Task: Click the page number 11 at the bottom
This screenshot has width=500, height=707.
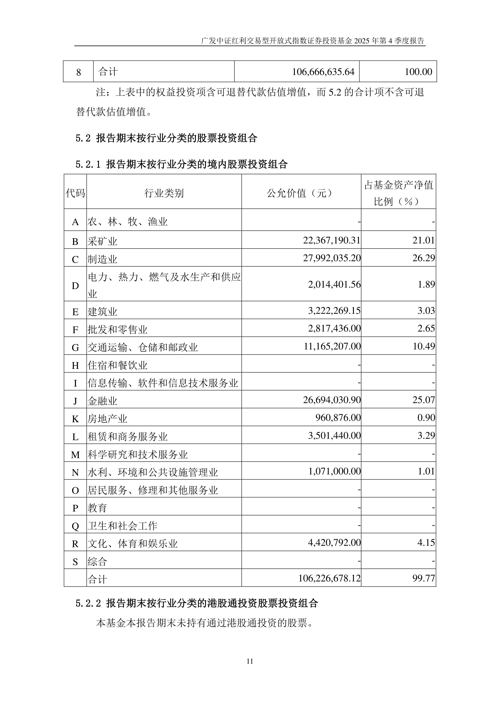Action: pyautogui.click(x=250, y=661)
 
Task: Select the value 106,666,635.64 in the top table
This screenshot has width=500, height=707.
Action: pyautogui.click(x=323, y=72)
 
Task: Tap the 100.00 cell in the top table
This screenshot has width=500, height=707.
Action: pyautogui.click(x=418, y=72)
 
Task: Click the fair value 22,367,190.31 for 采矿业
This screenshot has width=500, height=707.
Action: pyautogui.click(x=332, y=240)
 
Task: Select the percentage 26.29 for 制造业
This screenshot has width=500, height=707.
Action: pyautogui.click(x=424, y=258)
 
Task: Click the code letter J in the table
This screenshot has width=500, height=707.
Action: pyautogui.click(x=75, y=401)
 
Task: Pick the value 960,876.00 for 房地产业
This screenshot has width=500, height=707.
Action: pyautogui.click(x=338, y=418)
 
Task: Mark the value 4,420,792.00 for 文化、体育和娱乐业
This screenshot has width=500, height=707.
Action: pyautogui.click(x=334, y=543)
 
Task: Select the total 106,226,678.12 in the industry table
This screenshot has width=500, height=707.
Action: pyautogui.click(x=329, y=578)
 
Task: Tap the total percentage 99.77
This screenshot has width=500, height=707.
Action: pyautogui.click(x=424, y=578)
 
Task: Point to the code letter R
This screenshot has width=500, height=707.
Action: pyautogui.click(x=75, y=544)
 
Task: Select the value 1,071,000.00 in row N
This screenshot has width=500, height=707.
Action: pyautogui.click(x=334, y=471)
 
